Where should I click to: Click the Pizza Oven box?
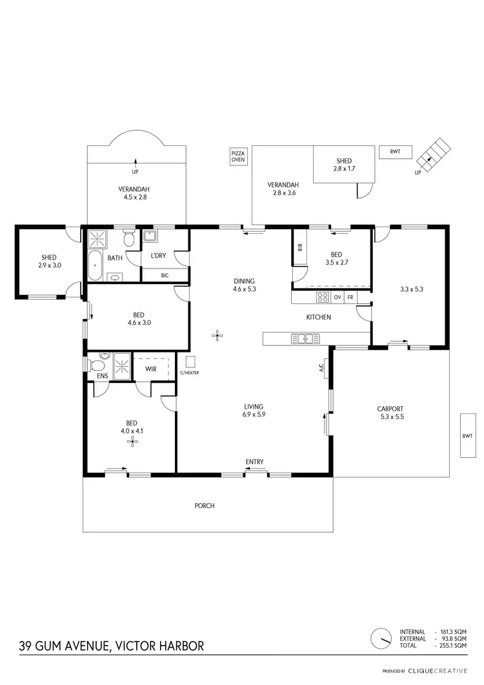[x=238, y=157]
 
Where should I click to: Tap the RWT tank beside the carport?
[x=467, y=436]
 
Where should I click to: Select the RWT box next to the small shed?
[x=396, y=152]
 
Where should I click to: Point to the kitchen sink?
[x=303, y=338]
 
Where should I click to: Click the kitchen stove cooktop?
[x=321, y=298]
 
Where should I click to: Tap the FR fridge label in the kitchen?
[x=350, y=298]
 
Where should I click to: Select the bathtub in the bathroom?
[x=94, y=265]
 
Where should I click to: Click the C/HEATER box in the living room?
[x=190, y=362]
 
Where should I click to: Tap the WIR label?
[x=151, y=369]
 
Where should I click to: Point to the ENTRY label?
[x=254, y=462]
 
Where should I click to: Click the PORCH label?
[x=205, y=506]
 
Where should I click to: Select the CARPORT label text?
[x=390, y=409]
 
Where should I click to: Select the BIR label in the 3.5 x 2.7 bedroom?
[x=300, y=247]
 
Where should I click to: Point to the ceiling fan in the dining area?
[x=218, y=334]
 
